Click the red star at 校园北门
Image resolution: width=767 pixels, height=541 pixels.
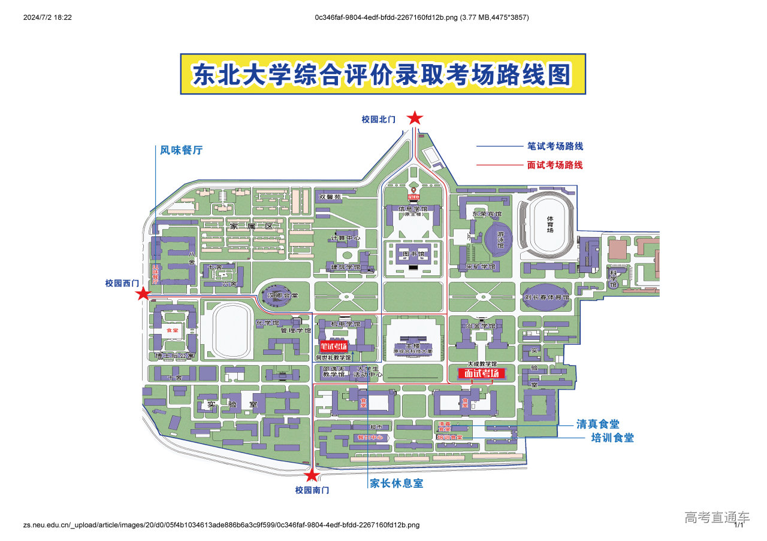[x=415, y=118]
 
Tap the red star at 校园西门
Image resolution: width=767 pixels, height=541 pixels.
[x=143, y=294]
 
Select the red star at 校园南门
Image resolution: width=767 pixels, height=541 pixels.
[x=312, y=476]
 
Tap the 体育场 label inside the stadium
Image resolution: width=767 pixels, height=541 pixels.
[x=550, y=223]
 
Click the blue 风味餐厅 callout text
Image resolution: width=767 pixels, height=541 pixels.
[x=181, y=150]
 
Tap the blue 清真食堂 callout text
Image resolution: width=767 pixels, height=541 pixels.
[x=598, y=424]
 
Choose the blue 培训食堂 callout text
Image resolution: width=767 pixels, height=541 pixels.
[x=612, y=437]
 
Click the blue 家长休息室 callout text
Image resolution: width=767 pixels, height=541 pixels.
[x=396, y=484]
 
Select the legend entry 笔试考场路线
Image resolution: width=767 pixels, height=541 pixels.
[x=555, y=146]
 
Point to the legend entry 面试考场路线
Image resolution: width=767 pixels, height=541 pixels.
[x=555, y=165]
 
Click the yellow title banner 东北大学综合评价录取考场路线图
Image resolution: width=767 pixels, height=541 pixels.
[x=383, y=74]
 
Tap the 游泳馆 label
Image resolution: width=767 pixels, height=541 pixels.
[x=501, y=241]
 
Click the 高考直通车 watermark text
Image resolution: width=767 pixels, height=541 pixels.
[x=717, y=516]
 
